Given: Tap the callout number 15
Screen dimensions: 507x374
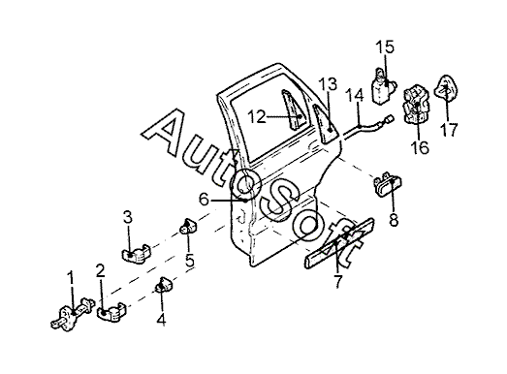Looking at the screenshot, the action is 385,47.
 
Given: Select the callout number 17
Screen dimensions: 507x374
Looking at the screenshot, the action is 449,130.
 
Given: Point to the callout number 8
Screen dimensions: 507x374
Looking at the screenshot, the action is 394,220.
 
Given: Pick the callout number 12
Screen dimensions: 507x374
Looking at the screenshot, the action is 257,116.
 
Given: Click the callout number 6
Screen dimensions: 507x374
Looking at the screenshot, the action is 204,200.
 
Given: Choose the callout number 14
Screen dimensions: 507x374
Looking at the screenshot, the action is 355,96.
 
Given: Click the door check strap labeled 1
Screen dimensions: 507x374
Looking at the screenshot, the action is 73,314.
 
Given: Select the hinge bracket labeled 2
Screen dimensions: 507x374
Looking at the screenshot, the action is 111,312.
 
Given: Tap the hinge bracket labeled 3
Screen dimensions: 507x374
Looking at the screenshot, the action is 137,253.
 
